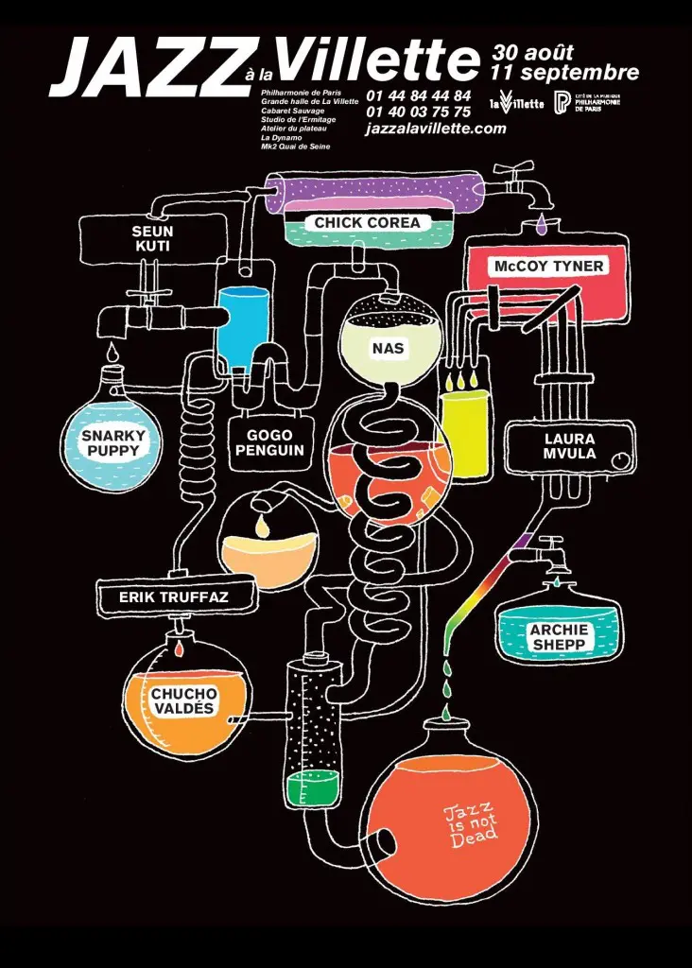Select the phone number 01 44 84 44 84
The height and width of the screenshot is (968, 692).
[x=418, y=95]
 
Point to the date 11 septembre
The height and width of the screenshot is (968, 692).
[x=565, y=72]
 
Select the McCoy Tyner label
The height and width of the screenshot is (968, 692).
[x=548, y=267]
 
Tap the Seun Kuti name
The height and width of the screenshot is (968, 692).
[x=152, y=238]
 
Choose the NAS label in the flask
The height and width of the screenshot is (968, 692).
[x=388, y=348]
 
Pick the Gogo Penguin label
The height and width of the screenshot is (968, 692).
[x=269, y=442]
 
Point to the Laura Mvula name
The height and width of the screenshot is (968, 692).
[x=569, y=446]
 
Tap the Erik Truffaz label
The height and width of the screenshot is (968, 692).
[x=174, y=597]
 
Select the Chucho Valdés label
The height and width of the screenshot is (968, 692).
[x=184, y=700]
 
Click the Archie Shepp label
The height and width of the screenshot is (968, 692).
[x=559, y=636]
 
